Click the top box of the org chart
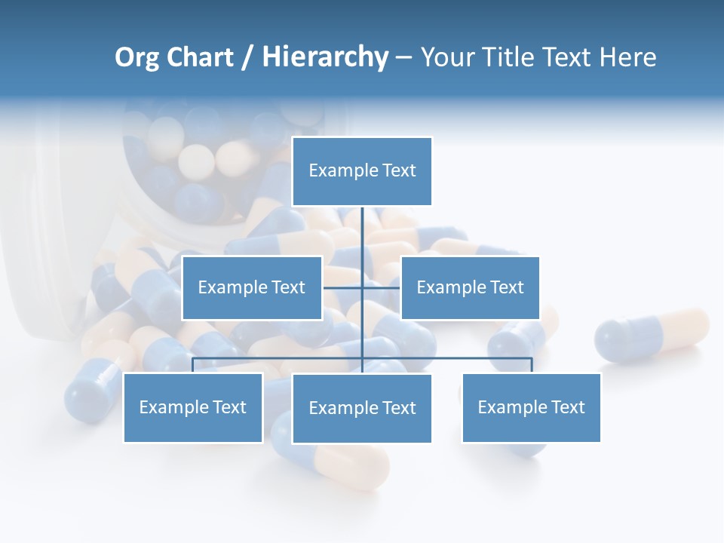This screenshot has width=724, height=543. pyautogui.click(x=362, y=171)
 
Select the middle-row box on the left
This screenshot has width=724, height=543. pyautogui.click(x=252, y=287)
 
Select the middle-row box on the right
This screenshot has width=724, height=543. pyautogui.click(x=470, y=287)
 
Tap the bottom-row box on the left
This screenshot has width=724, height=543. pyautogui.click(x=193, y=407)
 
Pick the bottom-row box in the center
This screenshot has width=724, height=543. pyautogui.click(x=362, y=408)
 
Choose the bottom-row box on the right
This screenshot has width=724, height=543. pyautogui.click(x=531, y=407)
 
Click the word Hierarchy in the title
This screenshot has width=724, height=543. pyautogui.click(x=325, y=57)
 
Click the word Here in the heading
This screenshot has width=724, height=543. pyautogui.click(x=627, y=57)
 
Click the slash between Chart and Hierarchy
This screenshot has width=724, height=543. pyautogui.click(x=247, y=57)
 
